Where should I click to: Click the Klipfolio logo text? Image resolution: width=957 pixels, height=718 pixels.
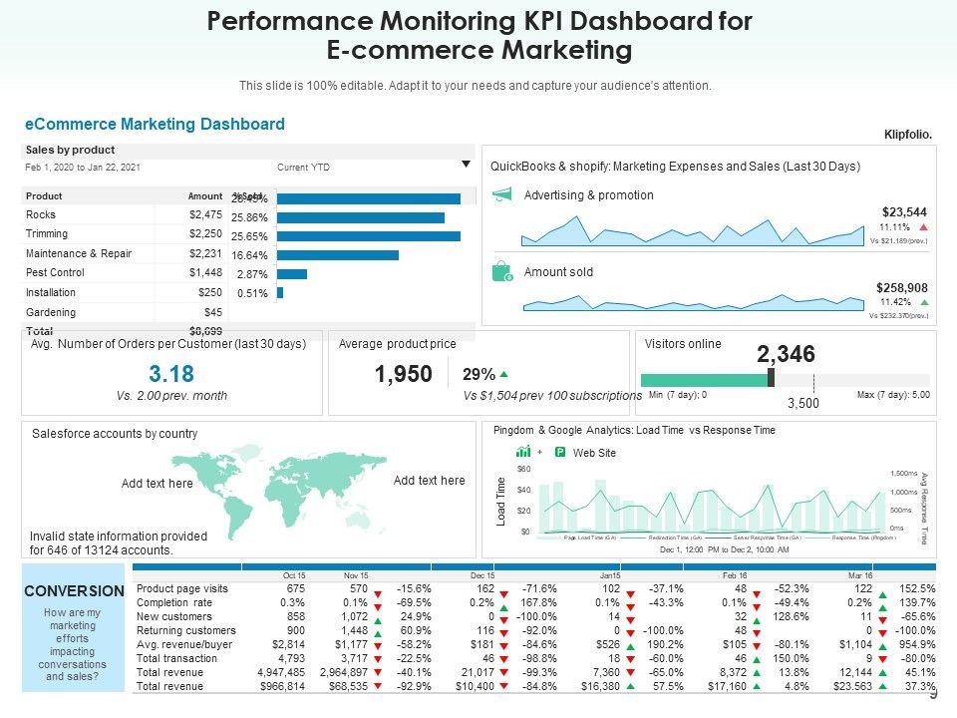pyautogui.click(x=907, y=135)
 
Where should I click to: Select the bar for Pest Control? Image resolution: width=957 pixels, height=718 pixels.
pyautogui.click(x=292, y=273)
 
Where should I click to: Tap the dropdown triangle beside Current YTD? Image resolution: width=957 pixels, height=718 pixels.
pyautogui.click(x=466, y=165)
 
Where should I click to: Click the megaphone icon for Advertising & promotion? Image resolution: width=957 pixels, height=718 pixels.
pyautogui.click(x=502, y=194)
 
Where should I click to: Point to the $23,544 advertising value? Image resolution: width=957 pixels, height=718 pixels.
pyautogui.click(x=904, y=211)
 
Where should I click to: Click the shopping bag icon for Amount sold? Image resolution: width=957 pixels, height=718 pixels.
pyautogui.click(x=503, y=272)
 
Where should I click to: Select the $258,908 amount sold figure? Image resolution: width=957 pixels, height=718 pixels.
pyautogui.click(x=901, y=287)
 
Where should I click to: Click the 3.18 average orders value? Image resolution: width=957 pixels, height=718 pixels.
pyautogui.click(x=171, y=374)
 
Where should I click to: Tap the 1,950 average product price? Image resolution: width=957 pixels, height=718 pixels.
pyautogui.click(x=404, y=374)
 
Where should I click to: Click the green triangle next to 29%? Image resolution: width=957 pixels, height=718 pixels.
pyautogui.click(x=503, y=375)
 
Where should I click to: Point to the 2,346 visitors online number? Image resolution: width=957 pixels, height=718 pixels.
pyautogui.click(x=786, y=354)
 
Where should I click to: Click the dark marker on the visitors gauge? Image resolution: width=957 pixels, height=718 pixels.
pyautogui.click(x=772, y=378)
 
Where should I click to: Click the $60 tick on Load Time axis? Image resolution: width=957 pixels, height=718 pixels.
pyautogui.click(x=524, y=469)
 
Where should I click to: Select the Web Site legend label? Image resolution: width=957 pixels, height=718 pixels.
pyautogui.click(x=594, y=453)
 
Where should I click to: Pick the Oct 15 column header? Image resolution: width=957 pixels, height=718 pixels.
pyautogui.click(x=294, y=575)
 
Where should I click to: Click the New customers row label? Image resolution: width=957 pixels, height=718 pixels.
pyautogui.click(x=173, y=616)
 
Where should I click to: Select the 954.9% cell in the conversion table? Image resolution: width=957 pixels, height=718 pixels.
pyautogui.click(x=916, y=644)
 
